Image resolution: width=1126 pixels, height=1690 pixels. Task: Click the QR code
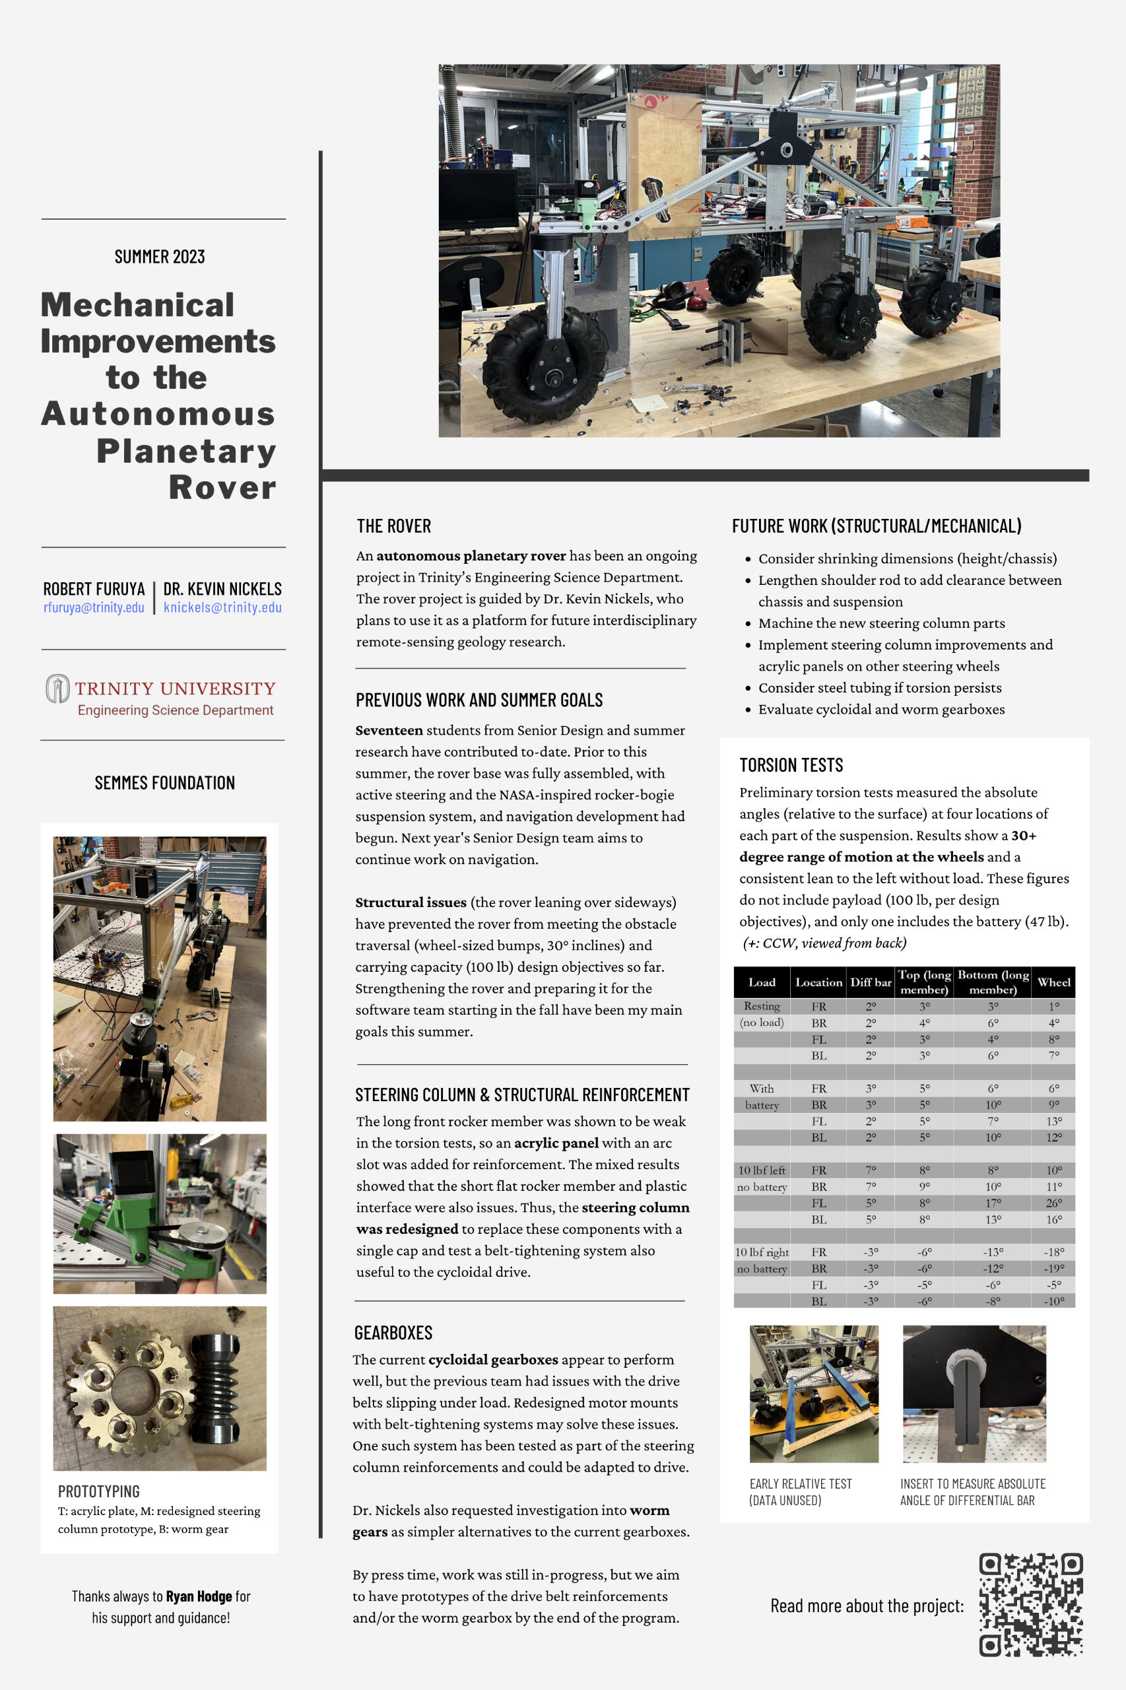tap(1030, 1605)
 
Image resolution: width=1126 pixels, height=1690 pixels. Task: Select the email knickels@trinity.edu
tap(222, 607)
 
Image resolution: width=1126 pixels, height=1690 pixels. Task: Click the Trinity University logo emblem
tap(57, 688)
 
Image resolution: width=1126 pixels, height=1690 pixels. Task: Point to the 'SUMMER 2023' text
tap(160, 256)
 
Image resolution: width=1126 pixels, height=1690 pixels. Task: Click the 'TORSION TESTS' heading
tap(791, 765)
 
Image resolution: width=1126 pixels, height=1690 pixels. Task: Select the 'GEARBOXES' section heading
tap(393, 1333)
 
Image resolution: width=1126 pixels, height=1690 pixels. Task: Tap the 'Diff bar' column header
tap(871, 982)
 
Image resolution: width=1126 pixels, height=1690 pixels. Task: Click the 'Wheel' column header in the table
tap(1053, 982)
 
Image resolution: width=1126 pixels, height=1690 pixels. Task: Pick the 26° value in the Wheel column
tap(1053, 1203)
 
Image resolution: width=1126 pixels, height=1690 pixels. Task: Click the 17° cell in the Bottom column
tap(993, 1203)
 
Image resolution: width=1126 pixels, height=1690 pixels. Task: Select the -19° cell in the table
tap(1053, 1268)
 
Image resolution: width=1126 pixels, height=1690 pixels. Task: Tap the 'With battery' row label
tap(761, 1097)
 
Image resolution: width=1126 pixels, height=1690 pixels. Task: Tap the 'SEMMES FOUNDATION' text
tap(164, 783)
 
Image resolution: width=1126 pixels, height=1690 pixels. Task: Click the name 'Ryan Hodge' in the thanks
tap(198, 1596)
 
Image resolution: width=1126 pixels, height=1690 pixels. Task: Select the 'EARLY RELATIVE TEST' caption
tap(800, 1484)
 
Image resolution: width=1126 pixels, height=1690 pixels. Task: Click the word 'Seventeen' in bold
tap(389, 730)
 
